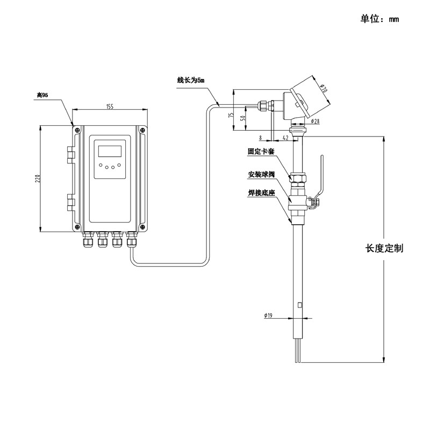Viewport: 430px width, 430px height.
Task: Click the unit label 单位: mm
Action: pyautogui.click(x=379, y=19)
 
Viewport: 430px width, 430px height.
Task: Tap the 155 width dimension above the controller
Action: pyautogui.click(x=110, y=106)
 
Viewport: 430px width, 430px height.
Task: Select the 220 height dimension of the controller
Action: pyautogui.click(x=38, y=178)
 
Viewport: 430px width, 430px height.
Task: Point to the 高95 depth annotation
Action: pyautogui.click(x=42, y=95)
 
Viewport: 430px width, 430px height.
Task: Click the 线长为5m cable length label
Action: pyautogui.click(x=191, y=80)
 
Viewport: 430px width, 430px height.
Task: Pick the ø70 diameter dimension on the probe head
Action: pyautogui.click(x=324, y=88)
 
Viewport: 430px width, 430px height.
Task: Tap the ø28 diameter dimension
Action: pyautogui.click(x=316, y=121)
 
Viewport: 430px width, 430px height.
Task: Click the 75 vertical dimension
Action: pyautogui.click(x=231, y=115)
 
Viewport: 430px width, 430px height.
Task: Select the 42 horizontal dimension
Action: pyautogui.click(x=285, y=138)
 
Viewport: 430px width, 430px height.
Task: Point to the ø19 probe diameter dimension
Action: pyautogui.click(x=268, y=316)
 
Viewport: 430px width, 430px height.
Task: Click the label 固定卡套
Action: pyautogui.click(x=261, y=151)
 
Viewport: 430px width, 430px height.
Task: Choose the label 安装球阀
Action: pyautogui.click(x=261, y=174)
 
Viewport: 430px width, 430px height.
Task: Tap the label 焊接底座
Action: pyautogui.click(x=261, y=193)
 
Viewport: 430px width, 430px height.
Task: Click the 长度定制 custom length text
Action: pyautogui.click(x=384, y=248)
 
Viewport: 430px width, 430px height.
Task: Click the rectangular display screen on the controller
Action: pyautogui.click(x=110, y=151)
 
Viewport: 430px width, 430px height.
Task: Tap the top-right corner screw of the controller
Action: pyautogui.click(x=142, y=130)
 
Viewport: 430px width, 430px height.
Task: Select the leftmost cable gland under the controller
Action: pyautogui.click(x=88, y=239)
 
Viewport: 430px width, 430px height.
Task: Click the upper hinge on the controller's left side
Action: pyautogui.click(x=70, y=155)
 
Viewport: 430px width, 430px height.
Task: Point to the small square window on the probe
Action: pyautogui.click(x=300, y=305)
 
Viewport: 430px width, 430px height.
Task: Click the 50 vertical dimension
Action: pyautogui.click(x=242, y=118)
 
